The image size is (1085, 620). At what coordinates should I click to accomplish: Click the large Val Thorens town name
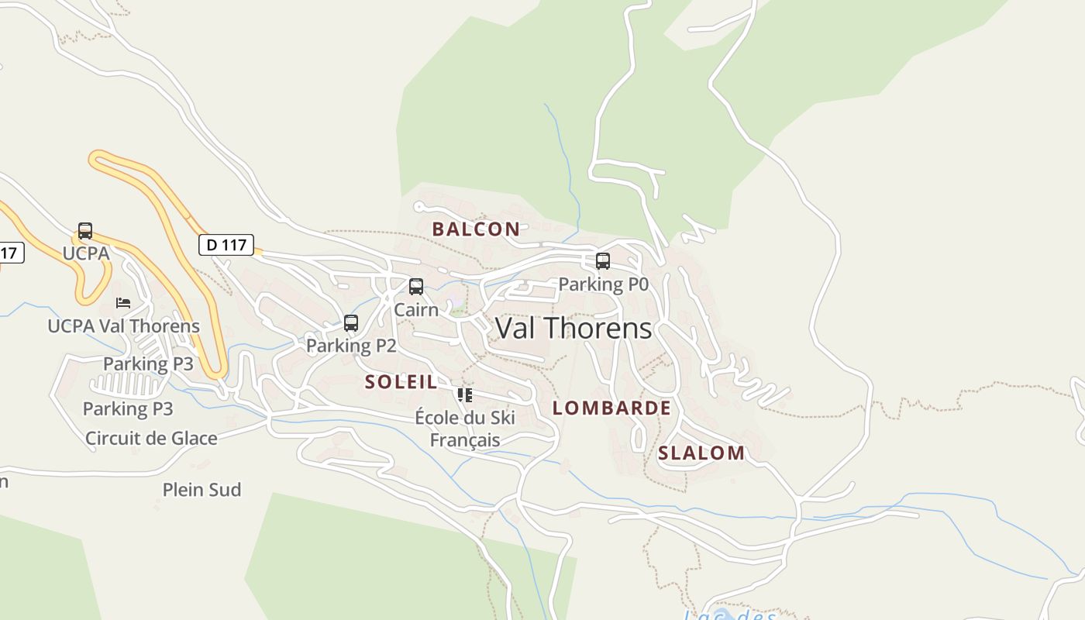coord(573,329)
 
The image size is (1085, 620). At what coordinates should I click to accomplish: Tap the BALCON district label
coord(476,229)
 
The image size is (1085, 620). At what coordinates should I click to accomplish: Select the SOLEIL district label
coord(401,381)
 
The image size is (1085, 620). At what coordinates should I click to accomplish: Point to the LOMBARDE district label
coord(611,408)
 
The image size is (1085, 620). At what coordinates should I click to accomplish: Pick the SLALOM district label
coord(701,453)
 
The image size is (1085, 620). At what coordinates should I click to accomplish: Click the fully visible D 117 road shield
coord(226,245)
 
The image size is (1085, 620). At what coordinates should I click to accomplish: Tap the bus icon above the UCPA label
coord(85,231)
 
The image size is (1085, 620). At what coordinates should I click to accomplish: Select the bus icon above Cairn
coord(416,287)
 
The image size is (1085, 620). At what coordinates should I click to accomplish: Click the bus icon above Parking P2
coord(351,323)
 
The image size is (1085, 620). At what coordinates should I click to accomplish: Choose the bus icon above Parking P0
coord(603,261)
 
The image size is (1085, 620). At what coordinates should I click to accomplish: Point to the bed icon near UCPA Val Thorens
coord(122,302)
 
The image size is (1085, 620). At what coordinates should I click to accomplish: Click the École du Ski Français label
coord(465,429)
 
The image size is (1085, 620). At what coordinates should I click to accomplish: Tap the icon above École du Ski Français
coord(465,395)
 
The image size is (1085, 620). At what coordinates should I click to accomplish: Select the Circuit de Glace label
coord(151,438)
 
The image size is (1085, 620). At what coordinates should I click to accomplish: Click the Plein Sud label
coord(201,490)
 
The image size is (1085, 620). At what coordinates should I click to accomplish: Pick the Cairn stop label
coord(416,309)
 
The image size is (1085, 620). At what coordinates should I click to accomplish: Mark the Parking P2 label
coord(351,346)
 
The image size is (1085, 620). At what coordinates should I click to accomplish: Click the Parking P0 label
coord(603,284)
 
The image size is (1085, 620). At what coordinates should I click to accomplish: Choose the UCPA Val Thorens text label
coord(124,325)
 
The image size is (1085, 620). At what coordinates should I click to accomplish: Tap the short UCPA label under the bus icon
coord(85,253)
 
